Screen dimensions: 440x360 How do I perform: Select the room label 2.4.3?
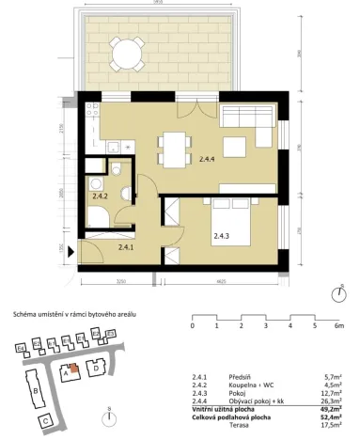pyautogui.click(x=222, y=235)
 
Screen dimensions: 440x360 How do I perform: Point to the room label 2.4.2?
pyautogui.click(x=101, y=196)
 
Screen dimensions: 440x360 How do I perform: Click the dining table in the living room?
pyautogui.click(x=172, y=146)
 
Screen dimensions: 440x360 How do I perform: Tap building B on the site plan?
pyautogui.click(x=35, y=388)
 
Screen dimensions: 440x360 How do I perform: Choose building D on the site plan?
pyautogui.click(x=97, y=369)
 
